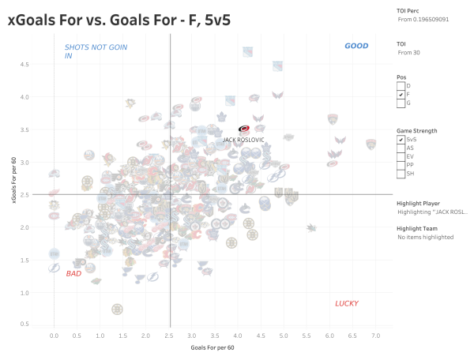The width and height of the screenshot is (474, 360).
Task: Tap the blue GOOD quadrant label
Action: tap(356, 47)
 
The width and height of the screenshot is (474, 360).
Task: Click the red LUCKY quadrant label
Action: tap(347, 303)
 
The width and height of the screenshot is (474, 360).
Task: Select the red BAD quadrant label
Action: tap(73, 273)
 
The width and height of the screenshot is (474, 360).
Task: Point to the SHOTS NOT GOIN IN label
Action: tap(96, 51)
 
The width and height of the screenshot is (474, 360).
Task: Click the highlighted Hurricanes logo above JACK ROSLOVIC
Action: tap(244, 129)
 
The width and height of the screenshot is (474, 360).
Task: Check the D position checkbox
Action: tap(401, 85)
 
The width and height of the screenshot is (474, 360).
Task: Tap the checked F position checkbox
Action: tap(401, 94)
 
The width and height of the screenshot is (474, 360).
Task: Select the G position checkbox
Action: tap(401, 103)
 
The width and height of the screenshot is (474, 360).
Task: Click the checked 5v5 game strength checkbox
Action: tap(401, 139)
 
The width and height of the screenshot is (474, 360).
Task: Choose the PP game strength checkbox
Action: tap(401, 165)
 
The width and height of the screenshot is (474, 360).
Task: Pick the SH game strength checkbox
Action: tap(401, 174)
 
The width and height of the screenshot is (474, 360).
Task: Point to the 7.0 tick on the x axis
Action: tap(376, 336)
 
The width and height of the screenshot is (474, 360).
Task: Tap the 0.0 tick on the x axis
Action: tap(54, 336)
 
